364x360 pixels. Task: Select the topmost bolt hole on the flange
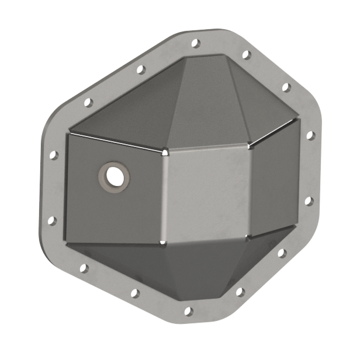tap(195, 43)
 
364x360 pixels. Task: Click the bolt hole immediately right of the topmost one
tap(246, 55)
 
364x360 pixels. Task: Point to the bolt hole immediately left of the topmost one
tap(140, 69)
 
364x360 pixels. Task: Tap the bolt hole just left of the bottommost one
tap(134, 293)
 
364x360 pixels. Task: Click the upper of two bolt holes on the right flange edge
tap(310, 135)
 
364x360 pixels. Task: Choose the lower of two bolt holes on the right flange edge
tap(308, 201)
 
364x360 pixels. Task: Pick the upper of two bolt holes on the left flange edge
tap(53, 155)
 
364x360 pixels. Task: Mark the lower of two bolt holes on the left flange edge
tap(51, 221)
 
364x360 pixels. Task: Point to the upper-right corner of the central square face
tap(251, 142)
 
